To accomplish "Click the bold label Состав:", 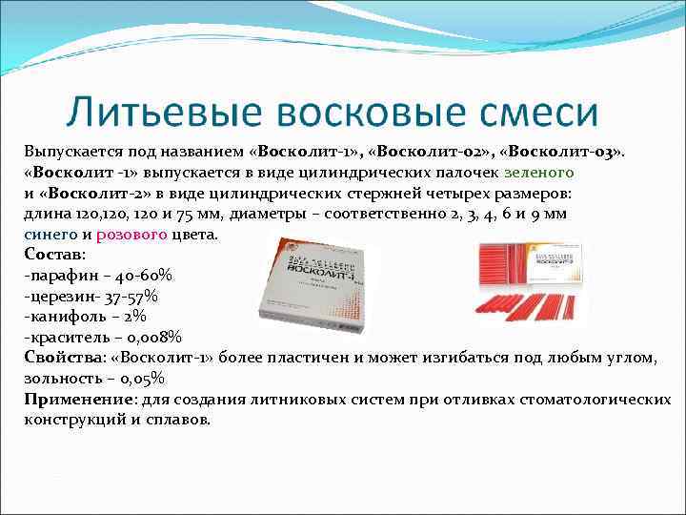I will point(55,255).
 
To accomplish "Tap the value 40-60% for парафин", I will point(144,275).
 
